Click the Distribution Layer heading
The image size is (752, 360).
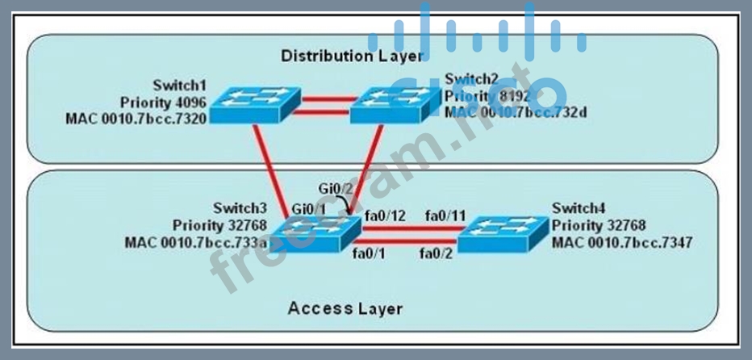point(351,56)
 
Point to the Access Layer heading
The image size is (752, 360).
point(345,308)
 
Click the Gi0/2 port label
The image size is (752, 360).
point(335,189)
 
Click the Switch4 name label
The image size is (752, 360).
point(576,209)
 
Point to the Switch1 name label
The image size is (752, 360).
point(178,86)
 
